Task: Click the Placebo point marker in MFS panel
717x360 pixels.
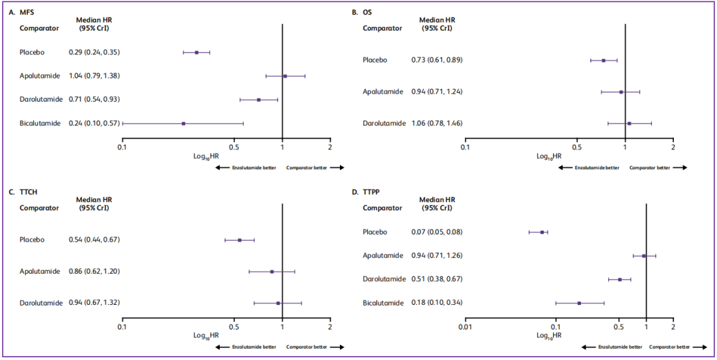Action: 197,52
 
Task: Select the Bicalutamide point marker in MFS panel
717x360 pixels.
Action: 183,123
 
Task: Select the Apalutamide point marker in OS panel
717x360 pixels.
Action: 621,92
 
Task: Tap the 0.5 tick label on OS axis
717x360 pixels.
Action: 577,147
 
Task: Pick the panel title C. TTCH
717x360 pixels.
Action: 25,192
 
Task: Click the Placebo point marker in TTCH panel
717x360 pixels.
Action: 240,240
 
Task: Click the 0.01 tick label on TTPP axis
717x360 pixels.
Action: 465,327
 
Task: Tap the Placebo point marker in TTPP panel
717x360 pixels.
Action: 542,232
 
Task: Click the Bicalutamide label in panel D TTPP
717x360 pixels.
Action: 383,303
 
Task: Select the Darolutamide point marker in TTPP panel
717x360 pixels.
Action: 620,280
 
